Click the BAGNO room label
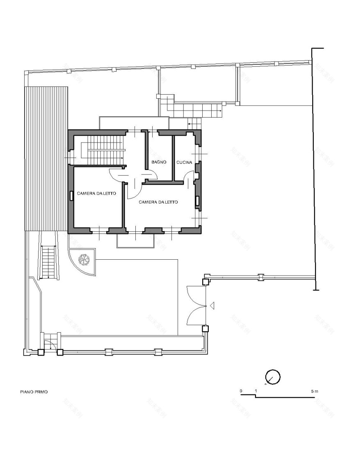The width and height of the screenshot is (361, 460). pyautogui.click(x=159, y=163)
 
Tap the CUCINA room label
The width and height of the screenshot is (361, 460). pyautogui.click(x=184, y=163)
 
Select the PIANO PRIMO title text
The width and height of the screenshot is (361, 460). pyautogui.click(x=34, y=392)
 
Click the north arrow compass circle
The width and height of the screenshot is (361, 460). pyautogui.click(x=273, y=376)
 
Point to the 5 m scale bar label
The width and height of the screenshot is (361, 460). pyautogui.click(x=314, y=392)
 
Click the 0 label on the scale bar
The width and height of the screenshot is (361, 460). pyautogui.click(x=241, y=392)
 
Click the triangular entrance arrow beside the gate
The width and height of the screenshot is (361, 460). pyautogui.click(x=212, y=306)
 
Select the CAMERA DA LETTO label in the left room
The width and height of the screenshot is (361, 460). pyautogui.click(x=94, y=193)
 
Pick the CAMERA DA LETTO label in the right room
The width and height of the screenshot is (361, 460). pyautogui.click(x=158, y=202)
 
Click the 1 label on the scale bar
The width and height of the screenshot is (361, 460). pyautogui.click(x=256, y=392)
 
